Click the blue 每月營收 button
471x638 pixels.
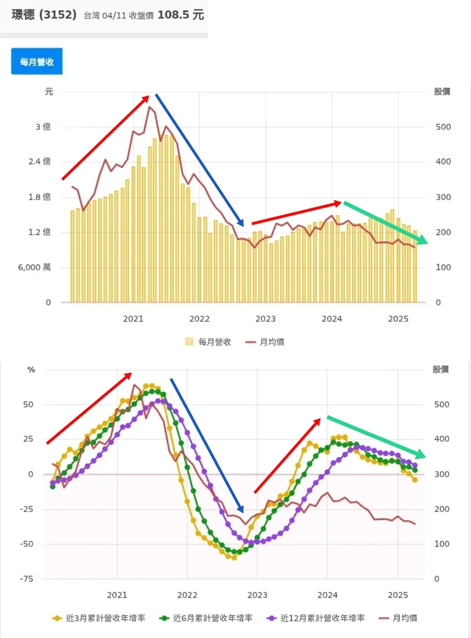pyautogui.click(x=37, y=61)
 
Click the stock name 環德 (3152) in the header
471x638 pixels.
pyautogui.click(x=45, y=13)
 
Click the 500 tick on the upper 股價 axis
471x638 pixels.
pyautogui.click(x=443, y=127)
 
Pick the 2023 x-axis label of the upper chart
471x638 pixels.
pyautogui.click(x=265, y=318)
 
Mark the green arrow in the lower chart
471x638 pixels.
pyautogui.click(x=376, y=436)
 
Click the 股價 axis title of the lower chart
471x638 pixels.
pyautogui.click(x=441, y=369)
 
